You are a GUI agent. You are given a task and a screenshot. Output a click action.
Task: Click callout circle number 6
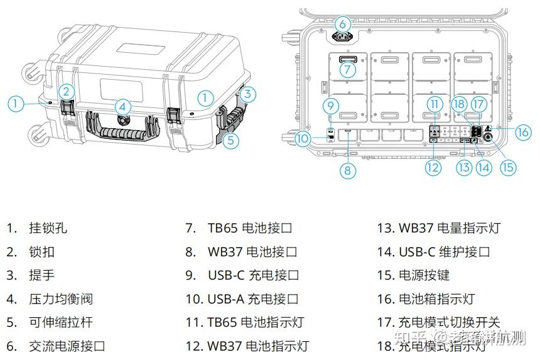[x=342, y=23]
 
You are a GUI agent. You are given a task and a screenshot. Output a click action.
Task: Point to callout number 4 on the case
[x=123, y=107]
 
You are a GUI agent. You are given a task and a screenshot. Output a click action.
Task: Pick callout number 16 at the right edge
[x=523, y=131]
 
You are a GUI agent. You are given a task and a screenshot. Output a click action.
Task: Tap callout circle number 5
[x=231, y=141]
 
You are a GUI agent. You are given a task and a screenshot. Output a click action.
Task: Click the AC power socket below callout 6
[x=342, y=36]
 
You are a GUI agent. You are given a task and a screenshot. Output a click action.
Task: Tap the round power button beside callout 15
[x=488, y=134]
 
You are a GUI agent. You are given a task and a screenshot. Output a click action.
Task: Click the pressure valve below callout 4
[x=123, y=119]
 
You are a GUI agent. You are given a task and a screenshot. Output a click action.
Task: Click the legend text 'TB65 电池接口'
[x=250, y=228]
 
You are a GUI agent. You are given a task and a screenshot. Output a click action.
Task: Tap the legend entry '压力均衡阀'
[x=61, y=299]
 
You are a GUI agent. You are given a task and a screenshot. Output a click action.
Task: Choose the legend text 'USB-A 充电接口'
[x=253, y=299]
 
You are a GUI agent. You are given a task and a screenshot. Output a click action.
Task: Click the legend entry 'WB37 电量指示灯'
[x=450, y=228]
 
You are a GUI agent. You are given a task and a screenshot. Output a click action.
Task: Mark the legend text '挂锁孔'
[x=48, y=228]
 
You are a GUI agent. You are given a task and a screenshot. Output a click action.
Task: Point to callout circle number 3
[x=249, y=94]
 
